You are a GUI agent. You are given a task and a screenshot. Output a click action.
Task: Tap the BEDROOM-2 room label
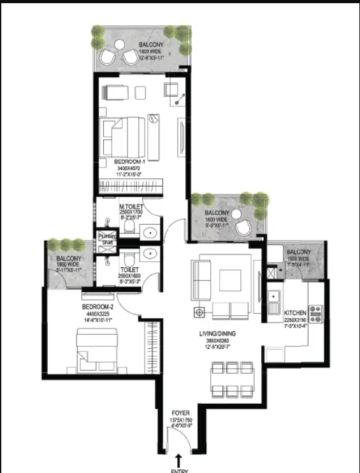tap(97, 307)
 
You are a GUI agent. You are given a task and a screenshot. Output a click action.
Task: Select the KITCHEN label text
tap(295, 313)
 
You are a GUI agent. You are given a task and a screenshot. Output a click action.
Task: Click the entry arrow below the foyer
tap(179, 459)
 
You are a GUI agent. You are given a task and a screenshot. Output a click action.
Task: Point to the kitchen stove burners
tap(315, 313)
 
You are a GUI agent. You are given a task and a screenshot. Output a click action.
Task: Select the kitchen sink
tap(274, 297)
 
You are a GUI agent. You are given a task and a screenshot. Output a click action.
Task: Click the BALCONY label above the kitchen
tap(298, 253)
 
